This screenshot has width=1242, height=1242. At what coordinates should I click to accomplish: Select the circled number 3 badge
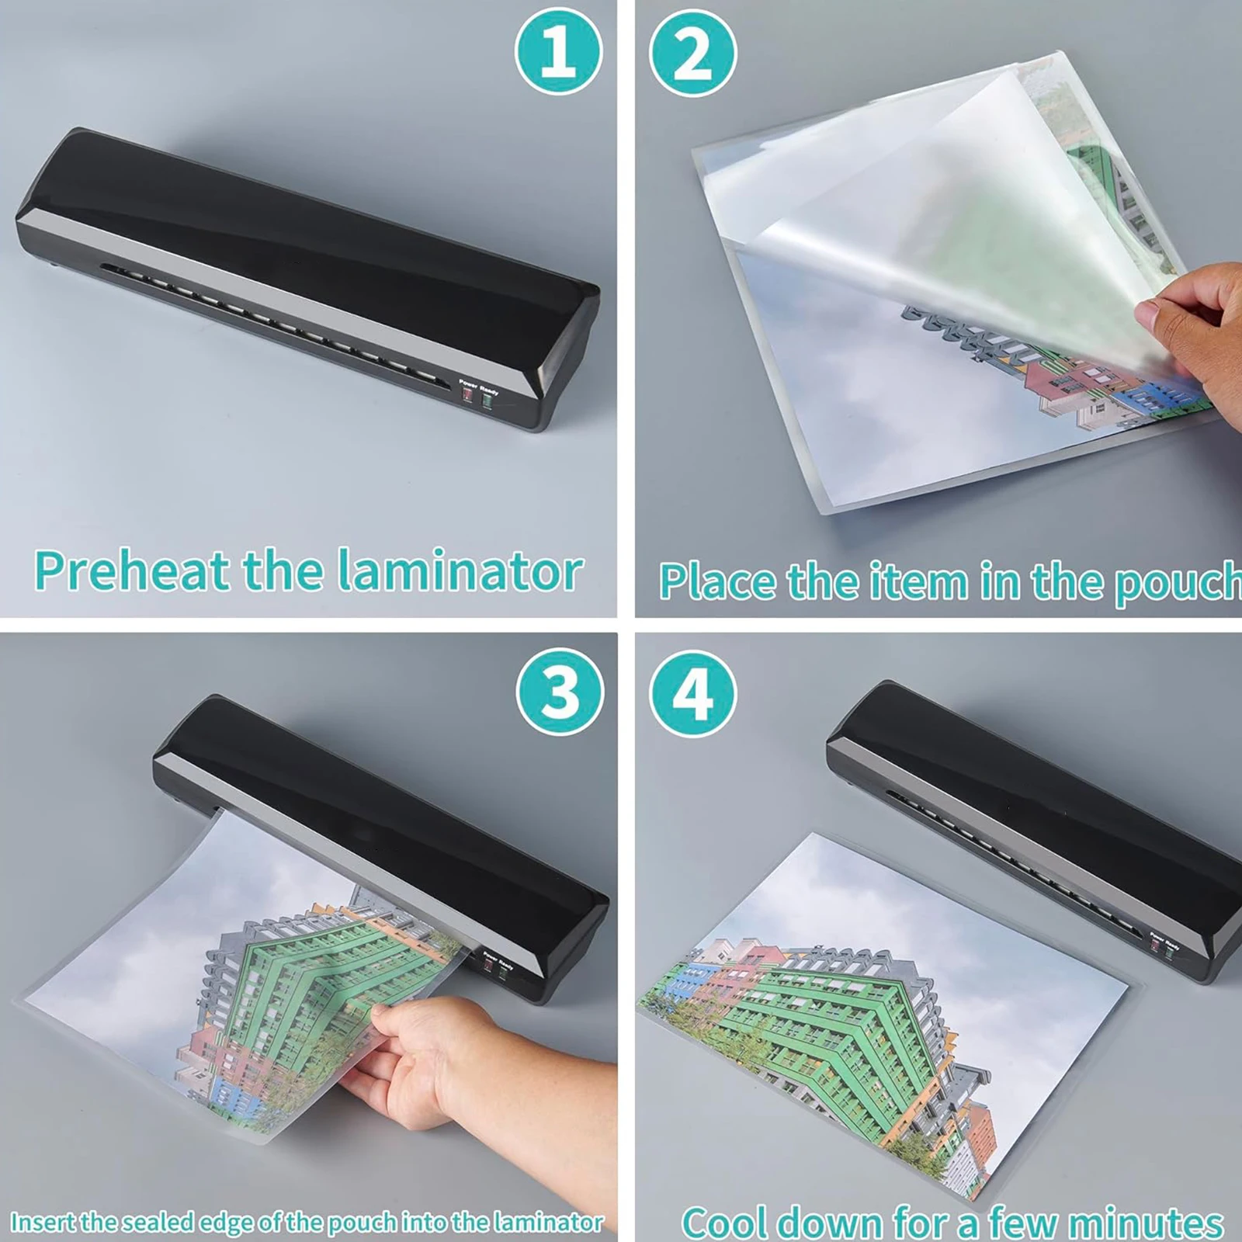tap(559, 690)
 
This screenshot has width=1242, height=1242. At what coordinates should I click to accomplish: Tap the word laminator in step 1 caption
tap(461, 572)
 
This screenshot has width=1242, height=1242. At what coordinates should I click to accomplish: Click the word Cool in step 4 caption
tap(725, 1223)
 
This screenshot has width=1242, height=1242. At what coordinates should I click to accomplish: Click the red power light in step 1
tap(468, 394)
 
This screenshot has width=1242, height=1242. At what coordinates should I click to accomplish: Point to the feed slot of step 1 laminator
tap(272, 322)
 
